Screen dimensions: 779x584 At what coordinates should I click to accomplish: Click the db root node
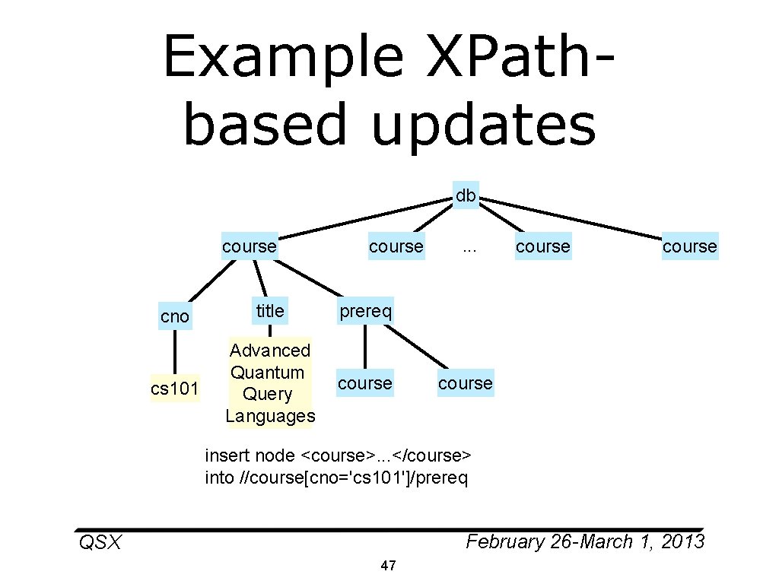pyautogui.click(x=465, y=196)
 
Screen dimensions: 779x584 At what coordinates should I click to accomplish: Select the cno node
pyautogui.click(x=175, y=316)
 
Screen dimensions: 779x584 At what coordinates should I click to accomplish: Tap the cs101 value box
pyautogui.click(x=175, y=389)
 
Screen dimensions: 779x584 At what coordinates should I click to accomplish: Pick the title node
pyautogui.click(x=269, y=310)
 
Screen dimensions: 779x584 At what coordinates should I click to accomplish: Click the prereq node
pyautogui.click(x=365, y=310)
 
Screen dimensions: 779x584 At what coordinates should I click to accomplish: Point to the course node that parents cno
pyautogui.click(x=250, y=246)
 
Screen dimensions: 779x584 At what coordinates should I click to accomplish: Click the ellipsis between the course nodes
pyautogui.click(x=469, y=246)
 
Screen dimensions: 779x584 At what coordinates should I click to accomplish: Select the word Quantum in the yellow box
pyautogui.click(x=267, y=373)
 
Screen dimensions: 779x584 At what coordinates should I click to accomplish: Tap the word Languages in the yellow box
pyautogui.click(x=270, y=416)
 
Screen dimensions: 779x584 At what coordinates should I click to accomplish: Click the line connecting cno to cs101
pyautogui.click(x=175, y=353)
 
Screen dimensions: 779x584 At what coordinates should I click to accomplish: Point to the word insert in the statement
pyautogui.click(x=227, y=455)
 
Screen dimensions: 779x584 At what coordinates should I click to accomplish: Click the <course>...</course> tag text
pyautogui.click(x=386, y=455)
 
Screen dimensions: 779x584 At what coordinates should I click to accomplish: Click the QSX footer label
pyautogui.click(x=100, y=543)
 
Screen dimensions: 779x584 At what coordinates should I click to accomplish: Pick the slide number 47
pyautogui.click(x=388, y=566)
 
